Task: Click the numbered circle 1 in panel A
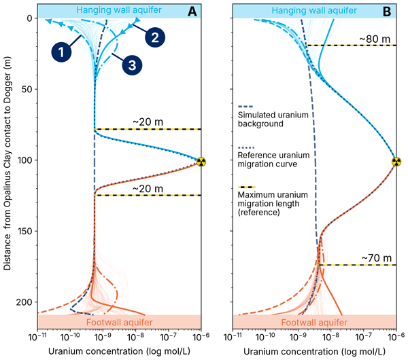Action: [x=60, y=50]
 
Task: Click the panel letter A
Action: [x=192, y=11]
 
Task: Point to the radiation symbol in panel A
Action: [x=201, y=162]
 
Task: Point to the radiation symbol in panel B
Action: [x=396, y=162]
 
